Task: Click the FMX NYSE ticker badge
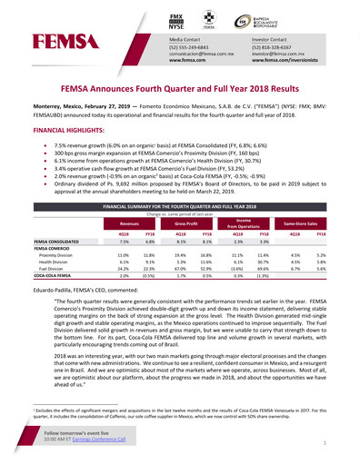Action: pos(183,20)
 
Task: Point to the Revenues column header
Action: pos(125,223)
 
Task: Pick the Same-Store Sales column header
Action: pos(311,223)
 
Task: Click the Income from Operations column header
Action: pos(248,223)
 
